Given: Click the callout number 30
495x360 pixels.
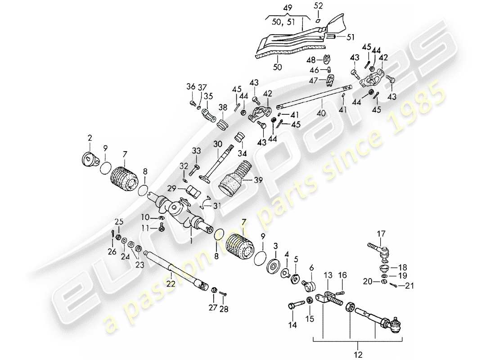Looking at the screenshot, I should pyautogui.click(x=218, y=144).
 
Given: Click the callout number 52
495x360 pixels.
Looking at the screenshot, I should pyautogui.click(x=318, y=6).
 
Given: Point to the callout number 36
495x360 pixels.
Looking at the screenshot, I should pyautogui.click(x=191, y=87).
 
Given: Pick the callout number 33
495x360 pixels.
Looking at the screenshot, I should pyautogui.click(x=197, y=150).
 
